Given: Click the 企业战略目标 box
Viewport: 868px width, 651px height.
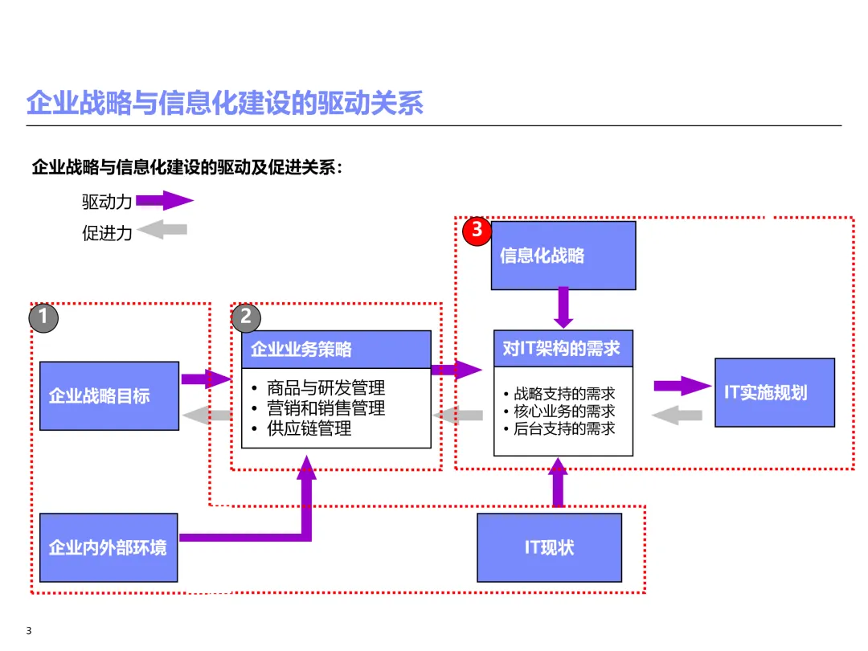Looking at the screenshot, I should coord(109,395).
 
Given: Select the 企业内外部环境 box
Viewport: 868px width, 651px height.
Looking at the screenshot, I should coord(108,547).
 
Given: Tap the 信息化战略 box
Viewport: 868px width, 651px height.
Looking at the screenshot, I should coord(563,256).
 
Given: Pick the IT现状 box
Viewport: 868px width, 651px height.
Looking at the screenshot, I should coord(549,547).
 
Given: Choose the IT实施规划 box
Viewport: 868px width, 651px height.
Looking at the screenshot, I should coord(774,392).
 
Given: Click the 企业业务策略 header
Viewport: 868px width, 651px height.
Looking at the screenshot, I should coord(336,350).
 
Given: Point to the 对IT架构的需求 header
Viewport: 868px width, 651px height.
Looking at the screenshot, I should coord(563,349).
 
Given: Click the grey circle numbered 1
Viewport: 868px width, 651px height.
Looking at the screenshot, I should coord(43,317).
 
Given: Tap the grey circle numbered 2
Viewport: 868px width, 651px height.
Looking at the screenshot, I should coord(246,317).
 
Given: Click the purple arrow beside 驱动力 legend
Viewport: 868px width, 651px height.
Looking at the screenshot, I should coord(165,200).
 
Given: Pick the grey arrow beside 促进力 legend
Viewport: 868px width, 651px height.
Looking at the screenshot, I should coord(162,230).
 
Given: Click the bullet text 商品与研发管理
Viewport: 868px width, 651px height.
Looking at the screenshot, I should coord(325,388).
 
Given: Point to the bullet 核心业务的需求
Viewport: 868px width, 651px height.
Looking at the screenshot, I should coord(564,411).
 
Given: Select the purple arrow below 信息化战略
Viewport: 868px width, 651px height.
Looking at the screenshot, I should coord(563,307).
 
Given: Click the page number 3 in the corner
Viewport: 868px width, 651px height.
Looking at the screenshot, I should coord(29,630).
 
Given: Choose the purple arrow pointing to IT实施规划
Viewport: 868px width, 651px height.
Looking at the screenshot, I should coord(682,386).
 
